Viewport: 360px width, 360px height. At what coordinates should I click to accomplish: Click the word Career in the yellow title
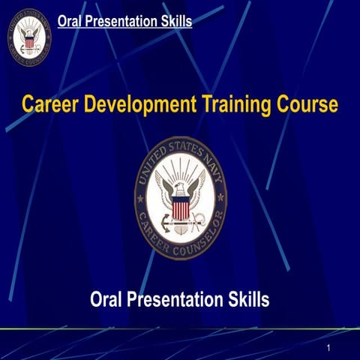[x=50, y=104]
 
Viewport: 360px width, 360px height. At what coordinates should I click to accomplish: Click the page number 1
[x=329, y=349]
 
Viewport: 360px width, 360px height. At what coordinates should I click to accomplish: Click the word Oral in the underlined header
[x=71, y=21]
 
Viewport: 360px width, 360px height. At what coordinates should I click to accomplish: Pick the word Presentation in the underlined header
[x=122, y=21]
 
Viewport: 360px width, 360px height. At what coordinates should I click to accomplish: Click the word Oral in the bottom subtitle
[x=106, y=301]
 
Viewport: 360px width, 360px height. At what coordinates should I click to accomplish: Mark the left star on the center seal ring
[x=140, y=199]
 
